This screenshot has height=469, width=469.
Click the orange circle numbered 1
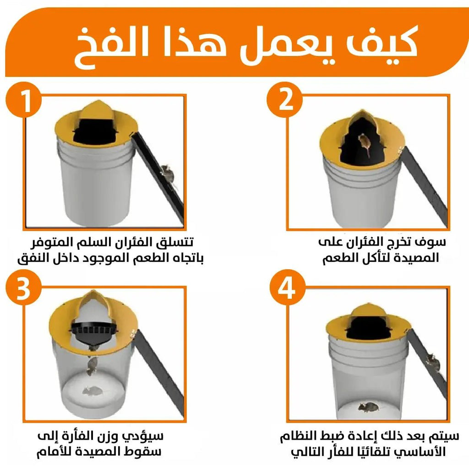23,99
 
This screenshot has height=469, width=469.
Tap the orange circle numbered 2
284,99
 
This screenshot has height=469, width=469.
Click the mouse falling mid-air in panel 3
93,365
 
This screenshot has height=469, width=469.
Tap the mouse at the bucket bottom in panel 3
92,390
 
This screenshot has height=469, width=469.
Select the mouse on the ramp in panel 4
433,362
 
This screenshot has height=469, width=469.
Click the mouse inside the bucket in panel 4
369,407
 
